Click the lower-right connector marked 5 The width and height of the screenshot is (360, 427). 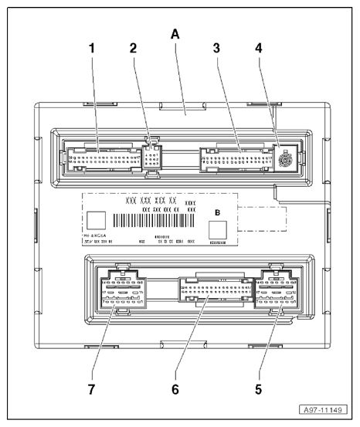pos(277,296)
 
